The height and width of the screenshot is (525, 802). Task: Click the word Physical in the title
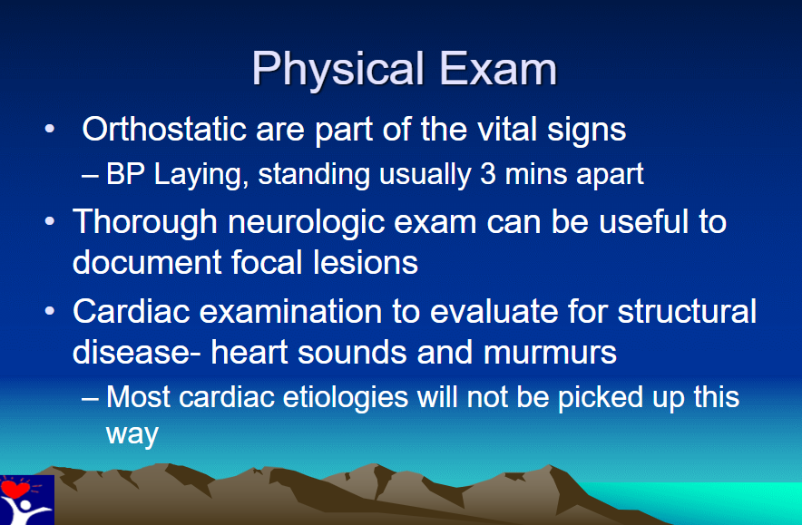click(338, 70)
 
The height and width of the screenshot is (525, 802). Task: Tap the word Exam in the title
click(498, 69)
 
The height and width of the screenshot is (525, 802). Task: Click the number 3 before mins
click(488, 174)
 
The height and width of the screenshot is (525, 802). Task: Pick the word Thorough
click(145, 222)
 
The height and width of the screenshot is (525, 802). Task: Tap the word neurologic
click(306, 222)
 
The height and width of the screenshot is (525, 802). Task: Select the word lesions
click(366, 262)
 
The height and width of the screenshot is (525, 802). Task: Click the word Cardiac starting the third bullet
click(131, 311)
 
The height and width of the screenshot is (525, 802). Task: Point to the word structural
click(687, 311)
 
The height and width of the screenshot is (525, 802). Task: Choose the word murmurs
click(550, 353)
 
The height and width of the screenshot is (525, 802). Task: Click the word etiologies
click(346, 398)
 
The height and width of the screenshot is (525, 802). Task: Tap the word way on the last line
click(132, 435)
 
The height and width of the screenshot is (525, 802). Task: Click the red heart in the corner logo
click(15, 488)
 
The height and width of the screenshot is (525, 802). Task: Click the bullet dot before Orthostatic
click(50, 129)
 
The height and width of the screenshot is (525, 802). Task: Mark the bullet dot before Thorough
click(50, 222)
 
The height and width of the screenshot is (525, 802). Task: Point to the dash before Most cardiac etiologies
click(90, 398)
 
